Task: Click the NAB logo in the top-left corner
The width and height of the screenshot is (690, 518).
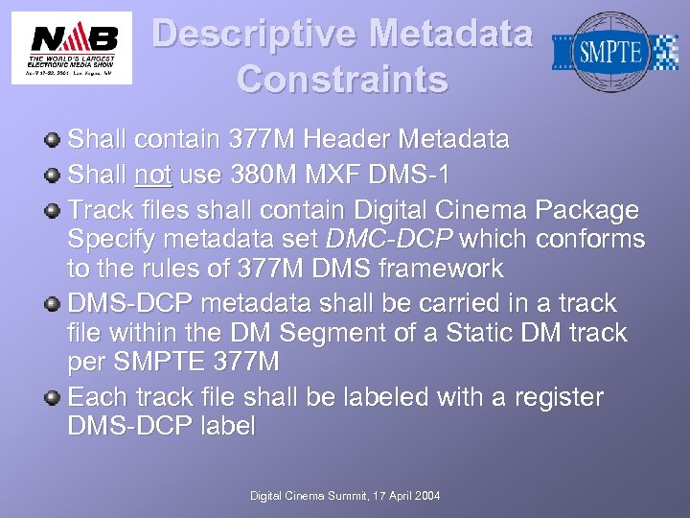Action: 72,48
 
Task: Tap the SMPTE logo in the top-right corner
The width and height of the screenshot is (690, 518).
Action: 614,52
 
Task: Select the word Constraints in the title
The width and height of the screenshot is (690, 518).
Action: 342,79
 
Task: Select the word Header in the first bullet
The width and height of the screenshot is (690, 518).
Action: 337,140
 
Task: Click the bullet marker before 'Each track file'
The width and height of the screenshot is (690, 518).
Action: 54,397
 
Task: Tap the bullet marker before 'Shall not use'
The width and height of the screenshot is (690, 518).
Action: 54,175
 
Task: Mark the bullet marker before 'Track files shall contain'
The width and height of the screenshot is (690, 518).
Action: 54,209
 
